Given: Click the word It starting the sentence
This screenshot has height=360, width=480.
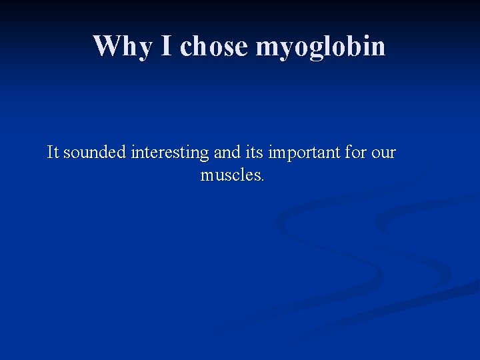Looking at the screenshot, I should [53, 153].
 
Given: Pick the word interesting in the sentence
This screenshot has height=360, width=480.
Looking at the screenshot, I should [170, 153].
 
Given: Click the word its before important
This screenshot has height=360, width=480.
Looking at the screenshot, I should [253, 153].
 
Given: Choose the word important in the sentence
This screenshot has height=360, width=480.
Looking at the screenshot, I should [304, 153].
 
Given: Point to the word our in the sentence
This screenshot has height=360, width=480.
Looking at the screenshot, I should [384, 153].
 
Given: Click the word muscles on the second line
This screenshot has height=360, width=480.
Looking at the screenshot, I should [231, 175].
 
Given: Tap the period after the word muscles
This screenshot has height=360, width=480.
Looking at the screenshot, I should [263, 180].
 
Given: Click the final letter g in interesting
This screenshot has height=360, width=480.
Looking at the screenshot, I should [205, 155].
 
